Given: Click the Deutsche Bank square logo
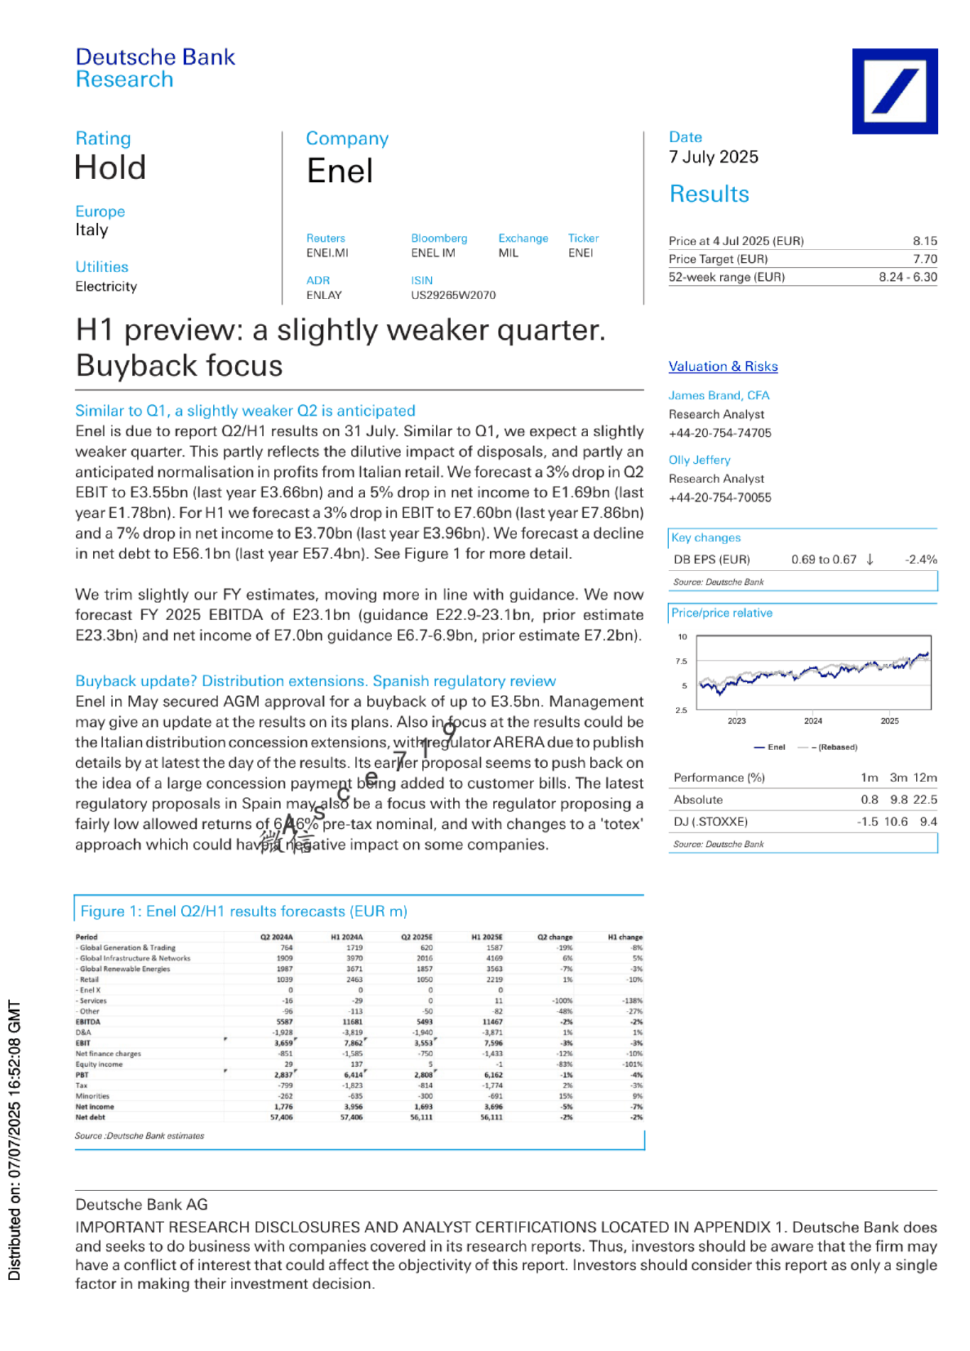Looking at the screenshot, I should click(x=894, y=91).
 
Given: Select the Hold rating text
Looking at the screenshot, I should click(x=110, y=168).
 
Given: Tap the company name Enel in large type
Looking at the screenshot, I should click(x=340, y=172).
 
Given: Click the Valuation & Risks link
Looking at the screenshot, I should click(x=723, y=367).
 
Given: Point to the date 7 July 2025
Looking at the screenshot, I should click(x=713, y=157).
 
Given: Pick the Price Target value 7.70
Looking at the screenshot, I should click(x=924, y=259).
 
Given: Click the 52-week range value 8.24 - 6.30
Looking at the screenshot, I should click(x=907, y=277).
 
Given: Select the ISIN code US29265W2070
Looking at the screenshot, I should click(x=453, y=295).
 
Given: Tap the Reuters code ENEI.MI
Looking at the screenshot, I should click(x=327, y=253).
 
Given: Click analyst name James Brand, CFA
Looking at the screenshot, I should click(x=719, y=395).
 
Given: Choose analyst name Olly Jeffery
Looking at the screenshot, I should click(x=699, y=460).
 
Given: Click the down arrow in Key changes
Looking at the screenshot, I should click(x=870, y=560).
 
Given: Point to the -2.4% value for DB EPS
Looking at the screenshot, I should click(x=920, y=560).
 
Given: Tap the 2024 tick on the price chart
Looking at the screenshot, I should click(x=812, y=720).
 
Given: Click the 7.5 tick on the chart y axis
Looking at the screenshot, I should click(x=681, y=661).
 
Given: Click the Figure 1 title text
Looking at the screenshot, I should click(x=243, y=912).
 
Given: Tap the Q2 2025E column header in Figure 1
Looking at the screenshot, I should click(x=416, y=937).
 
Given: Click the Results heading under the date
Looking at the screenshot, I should click(x=709, y=194).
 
